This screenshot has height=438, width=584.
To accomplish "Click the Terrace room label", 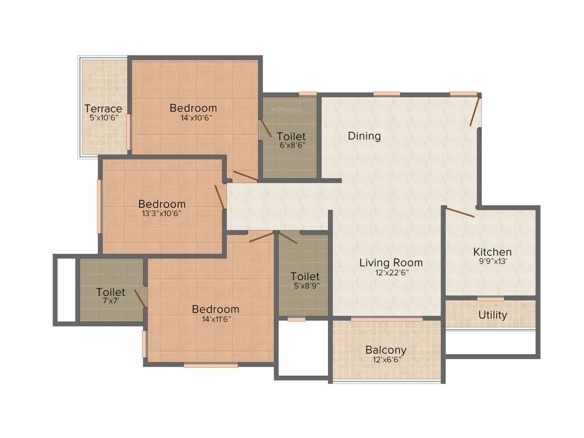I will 103,108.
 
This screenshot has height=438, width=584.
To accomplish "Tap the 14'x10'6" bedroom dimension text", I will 193,118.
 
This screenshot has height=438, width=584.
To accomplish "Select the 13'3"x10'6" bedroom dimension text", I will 161,214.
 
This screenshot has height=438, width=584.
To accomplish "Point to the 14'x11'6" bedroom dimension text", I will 215,319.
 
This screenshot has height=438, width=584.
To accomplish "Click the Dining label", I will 364,136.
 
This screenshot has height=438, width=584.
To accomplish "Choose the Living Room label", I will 391,262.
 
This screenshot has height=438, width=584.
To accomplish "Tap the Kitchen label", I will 492,252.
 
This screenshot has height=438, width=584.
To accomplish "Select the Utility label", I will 493,315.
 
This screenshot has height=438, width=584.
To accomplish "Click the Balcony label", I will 386,350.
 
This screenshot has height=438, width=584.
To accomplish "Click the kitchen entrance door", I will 460,212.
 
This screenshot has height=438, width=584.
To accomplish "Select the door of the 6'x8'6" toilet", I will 265,128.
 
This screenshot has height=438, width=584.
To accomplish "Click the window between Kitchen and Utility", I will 490,298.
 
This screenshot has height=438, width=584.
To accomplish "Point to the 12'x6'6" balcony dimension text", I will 386,360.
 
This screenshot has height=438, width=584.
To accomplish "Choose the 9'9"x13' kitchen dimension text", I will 492,262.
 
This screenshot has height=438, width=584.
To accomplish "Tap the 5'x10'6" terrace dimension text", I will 103,119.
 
